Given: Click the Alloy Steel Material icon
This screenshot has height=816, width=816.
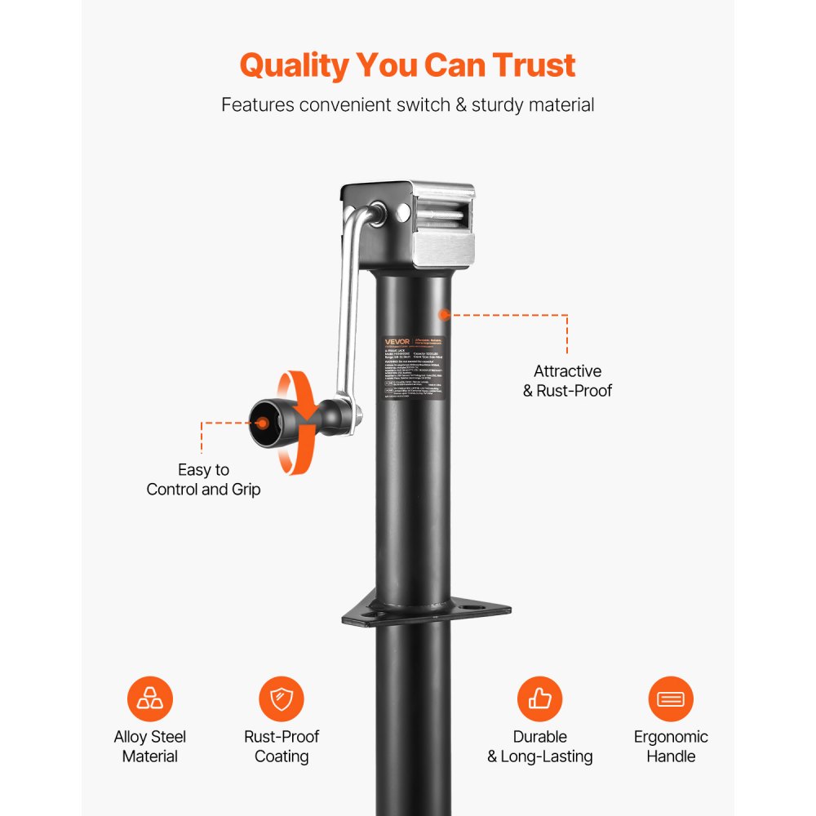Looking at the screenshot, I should pyautogui.click(x=150, y=699).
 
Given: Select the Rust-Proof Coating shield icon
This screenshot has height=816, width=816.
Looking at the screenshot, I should pyautogui.click(x=282, y=699).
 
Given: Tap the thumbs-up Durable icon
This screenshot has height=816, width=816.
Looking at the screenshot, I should pyautogui.click(x=539, y=699).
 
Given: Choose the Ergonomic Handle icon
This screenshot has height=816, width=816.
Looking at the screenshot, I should pyautogui.click(x=671, y=699).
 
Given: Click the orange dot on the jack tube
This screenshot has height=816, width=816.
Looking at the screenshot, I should pyautogui.click(x=444, y=314).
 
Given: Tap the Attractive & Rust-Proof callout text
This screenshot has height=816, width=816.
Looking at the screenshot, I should pyautogui.click(x=567, y=381).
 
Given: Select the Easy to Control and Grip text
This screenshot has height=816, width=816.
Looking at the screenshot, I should pyautogui.click(x=203, y=480).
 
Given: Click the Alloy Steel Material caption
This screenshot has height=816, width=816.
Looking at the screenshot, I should pyautogui.click(x=150, y=747).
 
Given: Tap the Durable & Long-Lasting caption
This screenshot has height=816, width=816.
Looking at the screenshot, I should pyautogui.click(x=539, y=747).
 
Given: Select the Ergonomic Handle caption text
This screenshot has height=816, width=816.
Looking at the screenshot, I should pyautogui.click(x=671, y=747).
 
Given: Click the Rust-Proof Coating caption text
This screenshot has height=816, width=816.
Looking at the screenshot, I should pyautogui.click(x=282, y=747).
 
